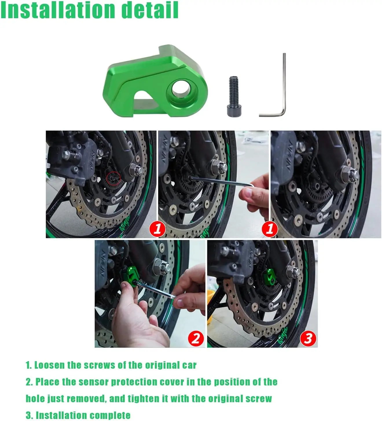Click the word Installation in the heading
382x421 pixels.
pos(58,10)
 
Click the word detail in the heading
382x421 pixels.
pos(150,10)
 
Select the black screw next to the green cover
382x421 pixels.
pos(234,96)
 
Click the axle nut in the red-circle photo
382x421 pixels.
pos(135,169)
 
